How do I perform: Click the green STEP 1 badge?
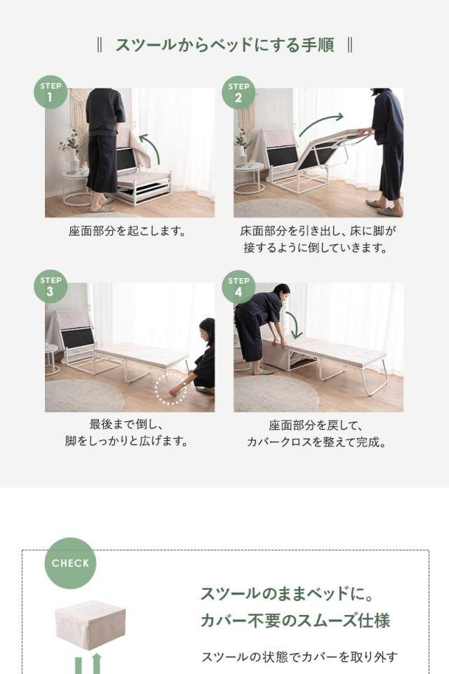(51, 92)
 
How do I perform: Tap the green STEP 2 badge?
(239, 92)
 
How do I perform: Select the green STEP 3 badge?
(51, 286)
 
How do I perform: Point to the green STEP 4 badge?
(239, 286)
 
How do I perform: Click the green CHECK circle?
(70, 563)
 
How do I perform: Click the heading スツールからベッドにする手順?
(224, 46)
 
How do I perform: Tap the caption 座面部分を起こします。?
(127, 230)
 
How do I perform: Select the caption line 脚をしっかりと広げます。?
(127, 442)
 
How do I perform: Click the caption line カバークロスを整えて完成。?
(316, 442)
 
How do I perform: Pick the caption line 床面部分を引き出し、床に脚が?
(316, 230)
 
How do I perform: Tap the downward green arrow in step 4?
(294, 324)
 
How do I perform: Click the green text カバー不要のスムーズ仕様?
(295, 621)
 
